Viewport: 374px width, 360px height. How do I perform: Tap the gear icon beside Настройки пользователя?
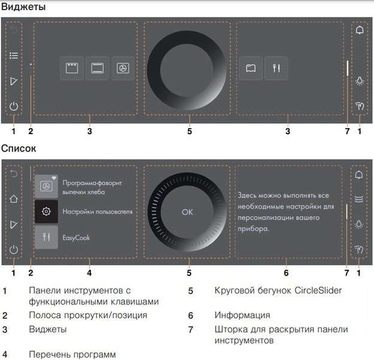pos(46,211)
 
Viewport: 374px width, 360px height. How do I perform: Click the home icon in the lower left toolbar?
pos(14,198)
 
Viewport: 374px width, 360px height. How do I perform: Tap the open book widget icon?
pos(251,68)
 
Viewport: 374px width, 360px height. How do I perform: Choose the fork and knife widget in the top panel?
pos(276,68)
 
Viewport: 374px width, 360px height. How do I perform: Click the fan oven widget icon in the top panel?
pos(123,69)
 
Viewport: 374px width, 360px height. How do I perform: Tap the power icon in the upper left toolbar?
pos(14,107)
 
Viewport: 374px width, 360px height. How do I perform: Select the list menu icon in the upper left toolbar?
pos(14,55)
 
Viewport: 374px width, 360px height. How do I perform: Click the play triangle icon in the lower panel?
pos(14,224)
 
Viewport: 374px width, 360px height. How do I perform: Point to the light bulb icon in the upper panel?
pos(359,81)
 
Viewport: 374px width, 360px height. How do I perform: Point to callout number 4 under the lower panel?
pos(89,273)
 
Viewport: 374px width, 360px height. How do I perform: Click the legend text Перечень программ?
pos(72,353)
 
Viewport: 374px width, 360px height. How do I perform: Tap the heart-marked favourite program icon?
pos(46,186)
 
